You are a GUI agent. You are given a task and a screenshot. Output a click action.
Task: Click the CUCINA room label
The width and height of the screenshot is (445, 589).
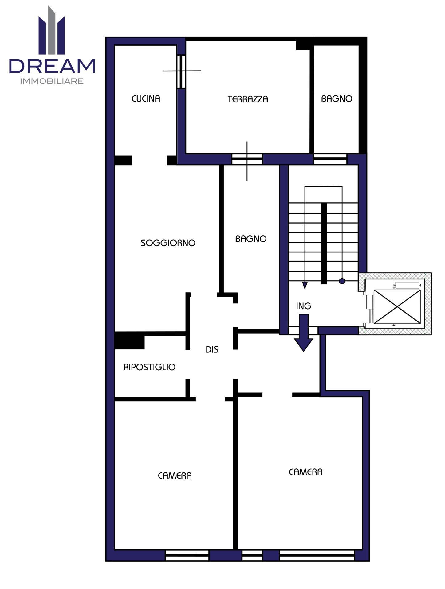tap(146, 98)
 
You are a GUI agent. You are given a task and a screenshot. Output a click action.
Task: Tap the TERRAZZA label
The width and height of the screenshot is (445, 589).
tap(248, 99)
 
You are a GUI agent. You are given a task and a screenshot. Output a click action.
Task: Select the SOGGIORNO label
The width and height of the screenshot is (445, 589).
tap(168, 243)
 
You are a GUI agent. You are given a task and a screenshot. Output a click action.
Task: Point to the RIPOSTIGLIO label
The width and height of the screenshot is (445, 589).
tap(149, 367)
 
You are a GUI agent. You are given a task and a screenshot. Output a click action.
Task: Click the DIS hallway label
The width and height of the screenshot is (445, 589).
tap(212, 349)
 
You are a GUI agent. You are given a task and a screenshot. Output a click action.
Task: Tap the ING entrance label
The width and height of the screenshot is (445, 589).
tap(304, 306)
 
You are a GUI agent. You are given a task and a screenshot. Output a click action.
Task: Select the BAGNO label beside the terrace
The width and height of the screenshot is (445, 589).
tap(337, 98)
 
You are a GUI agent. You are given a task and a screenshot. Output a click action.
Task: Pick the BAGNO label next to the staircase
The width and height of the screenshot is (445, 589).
tap(251, 239)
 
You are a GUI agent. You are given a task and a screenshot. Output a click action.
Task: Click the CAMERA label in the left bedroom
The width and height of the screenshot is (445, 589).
tap(175, 475)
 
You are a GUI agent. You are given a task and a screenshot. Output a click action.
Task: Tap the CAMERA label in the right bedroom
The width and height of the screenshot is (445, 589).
tap(306, 472)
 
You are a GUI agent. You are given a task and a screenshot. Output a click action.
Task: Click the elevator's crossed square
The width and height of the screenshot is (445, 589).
tap(397, 306)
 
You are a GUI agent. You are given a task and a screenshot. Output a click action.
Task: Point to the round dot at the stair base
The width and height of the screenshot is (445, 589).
tap(342, 281)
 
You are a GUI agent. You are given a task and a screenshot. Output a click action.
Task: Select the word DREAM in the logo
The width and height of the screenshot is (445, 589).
tap(52, 66)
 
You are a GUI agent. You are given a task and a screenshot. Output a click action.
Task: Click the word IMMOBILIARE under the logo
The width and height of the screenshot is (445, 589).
tap(52, 81)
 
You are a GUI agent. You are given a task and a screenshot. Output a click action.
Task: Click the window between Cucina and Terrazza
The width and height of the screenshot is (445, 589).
tap(182, 71)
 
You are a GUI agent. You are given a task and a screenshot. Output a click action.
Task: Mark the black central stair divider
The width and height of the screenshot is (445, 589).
tap(324, 244)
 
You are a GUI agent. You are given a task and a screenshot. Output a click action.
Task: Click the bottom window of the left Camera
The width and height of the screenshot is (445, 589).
tap(187, 555)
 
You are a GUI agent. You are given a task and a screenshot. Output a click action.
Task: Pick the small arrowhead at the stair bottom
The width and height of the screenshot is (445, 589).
tap(305, 285)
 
